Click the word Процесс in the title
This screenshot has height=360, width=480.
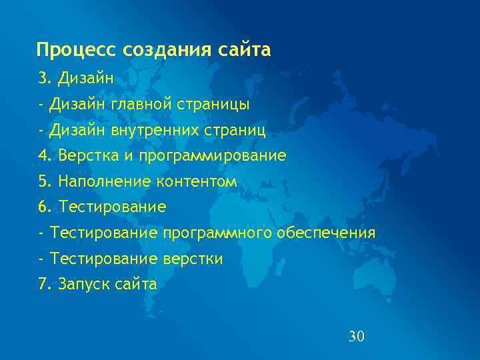click(x=75, y=51)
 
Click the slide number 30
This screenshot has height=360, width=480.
click(x=357, y=336)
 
